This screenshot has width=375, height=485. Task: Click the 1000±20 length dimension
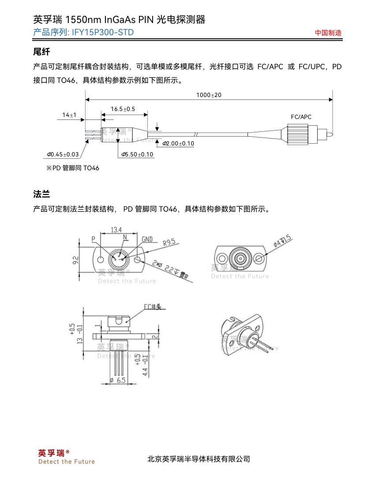[x=209, y=95]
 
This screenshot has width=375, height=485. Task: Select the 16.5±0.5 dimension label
[x=123, y=109]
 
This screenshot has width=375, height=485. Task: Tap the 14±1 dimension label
[x=69, y=115]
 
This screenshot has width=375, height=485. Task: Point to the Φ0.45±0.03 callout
[x=63, y=154]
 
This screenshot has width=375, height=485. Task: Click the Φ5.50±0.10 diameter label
[x=137, y=154]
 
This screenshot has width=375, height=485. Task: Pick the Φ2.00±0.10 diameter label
[x=178, y=144]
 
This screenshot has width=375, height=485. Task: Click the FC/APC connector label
[x=301, y=117]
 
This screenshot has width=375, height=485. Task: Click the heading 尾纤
[x=41, y=52]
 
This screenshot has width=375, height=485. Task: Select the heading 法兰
[x=41, y=194]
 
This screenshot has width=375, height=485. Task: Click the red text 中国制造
[x=328, y=33]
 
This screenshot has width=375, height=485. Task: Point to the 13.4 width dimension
[x=116, y=230]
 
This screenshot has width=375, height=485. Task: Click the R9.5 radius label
[x=169, y=242]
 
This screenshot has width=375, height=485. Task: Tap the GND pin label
[x=147, y=239]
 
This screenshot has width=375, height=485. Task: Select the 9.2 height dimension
[x=75, y=260]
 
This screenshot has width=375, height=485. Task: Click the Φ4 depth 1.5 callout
[x=283, y=241]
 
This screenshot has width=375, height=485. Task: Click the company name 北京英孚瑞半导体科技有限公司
[x=199, y=459]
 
